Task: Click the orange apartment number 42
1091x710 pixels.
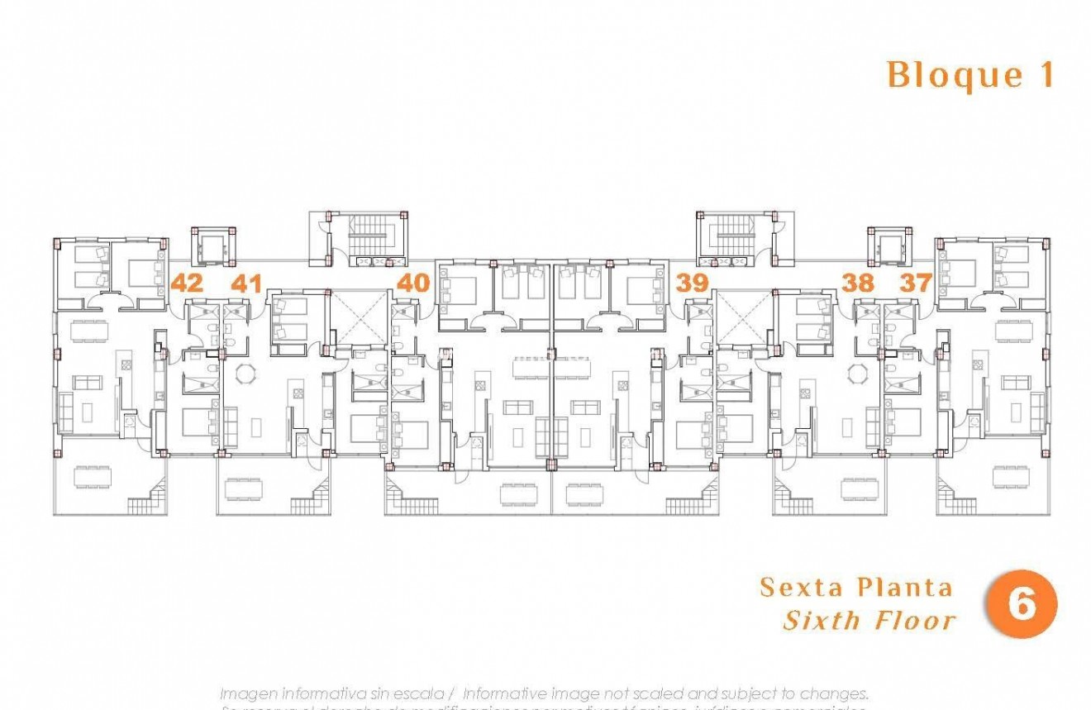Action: click(187, 283)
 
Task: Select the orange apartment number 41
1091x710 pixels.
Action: click(246, 284)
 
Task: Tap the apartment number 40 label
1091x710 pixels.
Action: click(413, 283)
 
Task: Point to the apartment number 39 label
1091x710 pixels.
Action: click(693, 283)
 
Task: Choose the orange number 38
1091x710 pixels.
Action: click(858, 283)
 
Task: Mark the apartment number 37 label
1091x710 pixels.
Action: click(916, 283)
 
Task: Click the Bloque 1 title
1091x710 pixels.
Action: click(971, 75)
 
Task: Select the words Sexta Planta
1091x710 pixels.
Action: click(855, 588)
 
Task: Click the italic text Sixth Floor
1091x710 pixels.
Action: click(869, 620)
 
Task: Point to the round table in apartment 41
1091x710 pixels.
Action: click(245, 374)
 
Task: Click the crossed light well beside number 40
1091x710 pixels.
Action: click(358, 317)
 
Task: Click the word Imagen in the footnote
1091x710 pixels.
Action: click(249, 693)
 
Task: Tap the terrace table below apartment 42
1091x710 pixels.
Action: click(93, 477)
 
